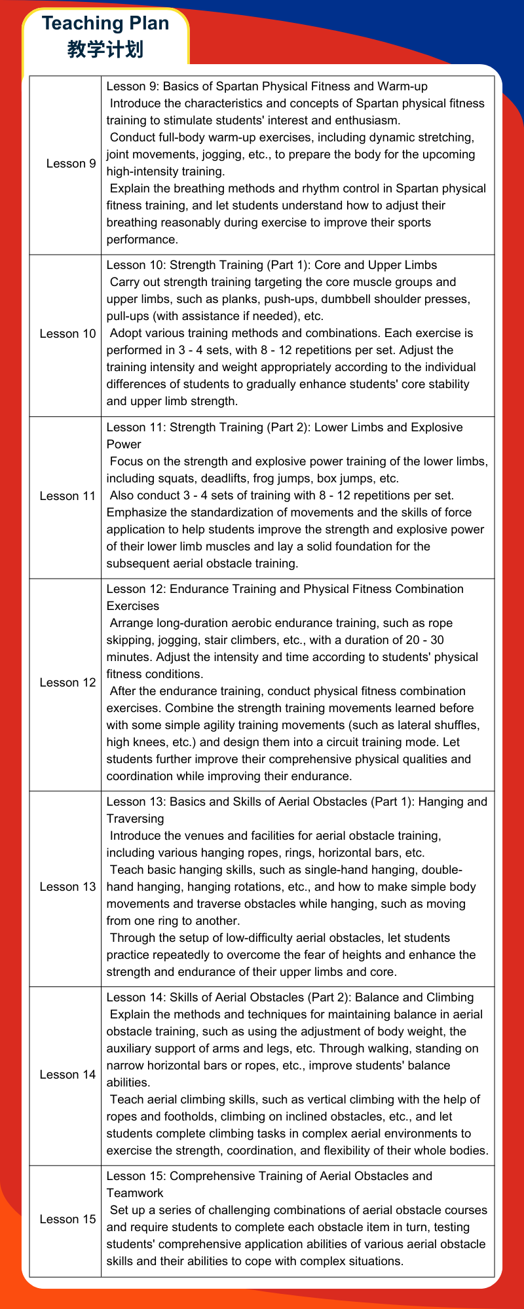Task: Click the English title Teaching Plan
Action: coord(105,24)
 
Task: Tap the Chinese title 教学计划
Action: coord(105,49)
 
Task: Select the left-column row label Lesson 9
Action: coord(71,163)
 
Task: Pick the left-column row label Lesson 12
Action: coord(67,683)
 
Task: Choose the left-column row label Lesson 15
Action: coord(67,1219)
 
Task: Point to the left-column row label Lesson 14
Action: coord(67,1075)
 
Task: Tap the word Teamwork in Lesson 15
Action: coord(135,1193)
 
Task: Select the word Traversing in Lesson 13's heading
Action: coord(135,819)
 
